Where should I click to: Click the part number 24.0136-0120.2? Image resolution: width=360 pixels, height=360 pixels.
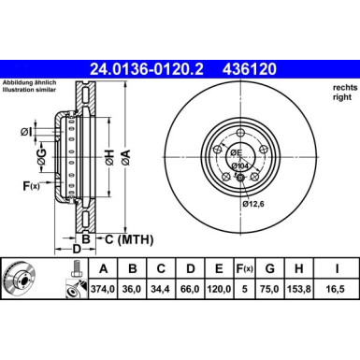pyautogui.click(x=148, y=68)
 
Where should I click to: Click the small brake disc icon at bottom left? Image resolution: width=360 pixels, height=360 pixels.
pyautogui.click(x=21, y=279)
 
